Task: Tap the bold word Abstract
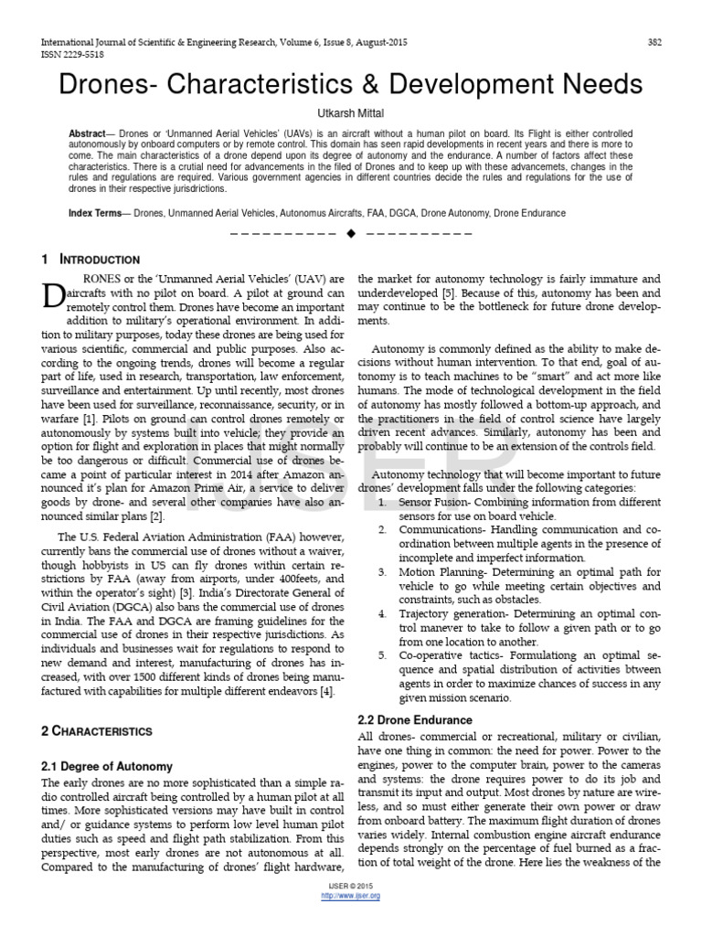(x=88, y=134)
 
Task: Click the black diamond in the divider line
(x=350, y=234)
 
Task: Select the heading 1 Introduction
(x=90, y=260)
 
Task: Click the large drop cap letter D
(x=54, y=294)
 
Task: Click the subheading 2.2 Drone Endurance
(x=415, y=720)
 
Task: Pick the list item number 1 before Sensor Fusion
(x=380, y=502)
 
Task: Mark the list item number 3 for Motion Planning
(x=380, y=571)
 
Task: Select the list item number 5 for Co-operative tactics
(x=380, y=655)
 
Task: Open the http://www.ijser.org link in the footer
(x=351, y=896)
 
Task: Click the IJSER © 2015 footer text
(x=351, y=887)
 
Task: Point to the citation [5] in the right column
(x=449, y=292)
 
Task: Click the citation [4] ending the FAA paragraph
(x=326, y=692)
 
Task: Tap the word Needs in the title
(x=600, y=85)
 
